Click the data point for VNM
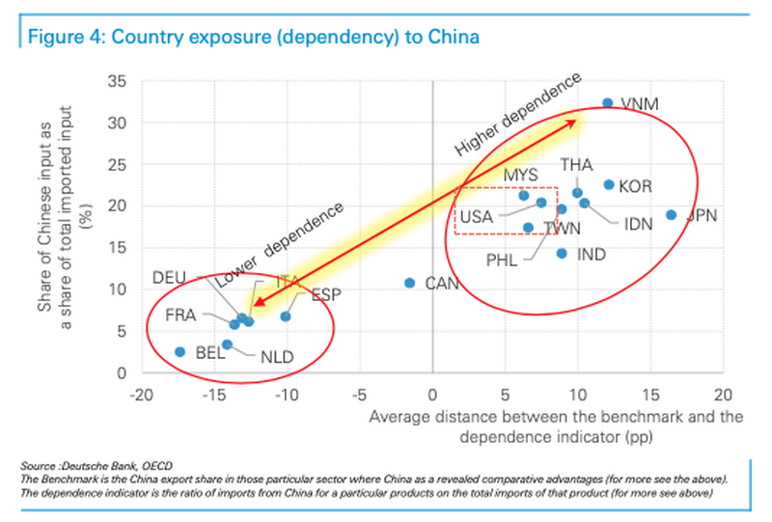tap(607, 103)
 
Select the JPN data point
tap(671, 215)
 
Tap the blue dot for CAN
tap(409, 283)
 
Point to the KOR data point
tap(609, 184)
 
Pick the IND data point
tap(562, 254)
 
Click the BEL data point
tap(179, 352)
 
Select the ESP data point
tap(286, 316)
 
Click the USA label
tap(477, 217)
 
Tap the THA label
tap(576, 165)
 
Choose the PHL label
tap(502, 260)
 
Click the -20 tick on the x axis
tap(142, 395)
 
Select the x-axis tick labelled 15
tap(649, 395)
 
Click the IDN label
tap(639, 225)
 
